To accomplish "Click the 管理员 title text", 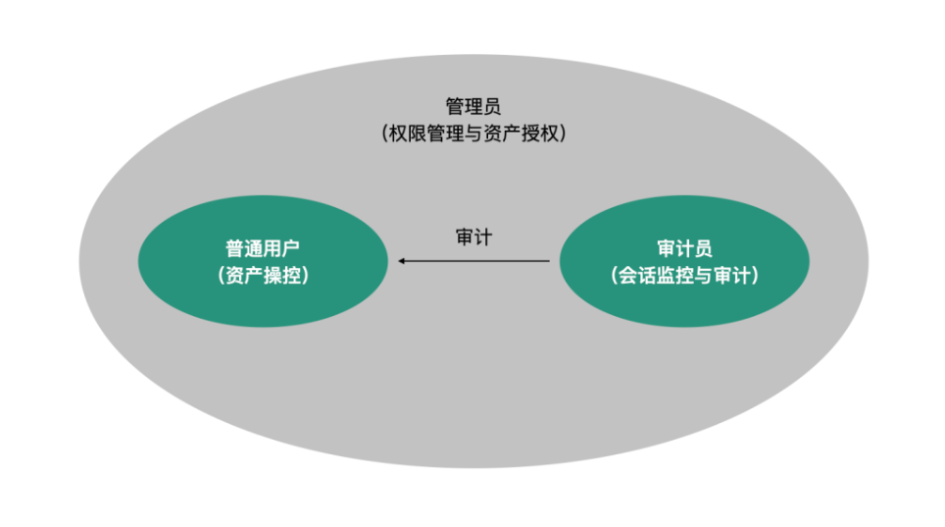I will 472,106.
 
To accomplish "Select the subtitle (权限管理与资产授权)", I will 473,134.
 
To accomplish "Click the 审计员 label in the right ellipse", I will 684,248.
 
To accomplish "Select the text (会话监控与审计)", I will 684,276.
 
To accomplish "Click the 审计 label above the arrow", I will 473,237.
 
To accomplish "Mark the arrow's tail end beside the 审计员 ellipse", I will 548,261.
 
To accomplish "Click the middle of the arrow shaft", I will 474,261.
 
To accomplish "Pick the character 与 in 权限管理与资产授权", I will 472,134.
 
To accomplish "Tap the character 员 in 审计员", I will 702,248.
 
